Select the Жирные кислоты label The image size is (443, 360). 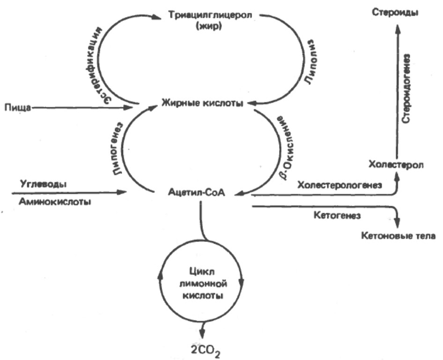(x=203, y=102)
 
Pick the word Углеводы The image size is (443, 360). (x=43, y=184)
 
